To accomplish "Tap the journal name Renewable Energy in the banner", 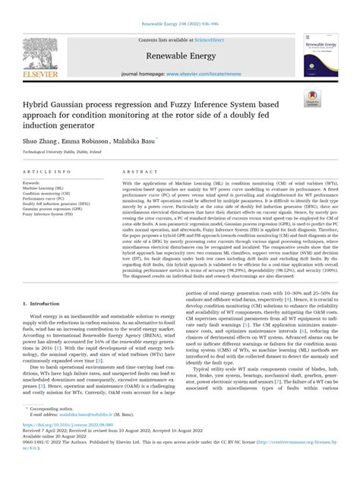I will (x=179, y=55).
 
